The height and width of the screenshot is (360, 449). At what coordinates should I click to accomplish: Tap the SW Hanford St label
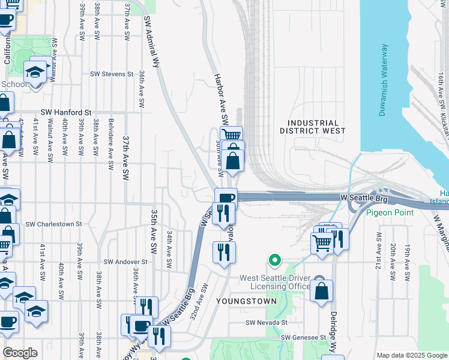coord(66,112)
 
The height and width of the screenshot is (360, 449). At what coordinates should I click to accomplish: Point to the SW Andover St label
coord(125,262)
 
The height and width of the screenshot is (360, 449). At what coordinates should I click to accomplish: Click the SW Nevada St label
coord(267,322)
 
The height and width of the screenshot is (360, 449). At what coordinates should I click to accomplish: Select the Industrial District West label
coord(313,126)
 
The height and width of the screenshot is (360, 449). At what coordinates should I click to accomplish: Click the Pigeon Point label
coord(391,212)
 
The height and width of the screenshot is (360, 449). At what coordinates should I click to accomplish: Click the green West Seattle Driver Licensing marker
coord(275,260)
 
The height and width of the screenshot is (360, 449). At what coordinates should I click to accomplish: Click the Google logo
coord(20,353)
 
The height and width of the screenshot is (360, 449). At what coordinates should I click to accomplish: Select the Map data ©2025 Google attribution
coord(412,355)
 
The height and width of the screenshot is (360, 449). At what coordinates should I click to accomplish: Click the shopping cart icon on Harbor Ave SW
coord(231,134)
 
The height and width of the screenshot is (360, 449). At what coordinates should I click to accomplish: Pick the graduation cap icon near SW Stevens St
coord(35,72)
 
